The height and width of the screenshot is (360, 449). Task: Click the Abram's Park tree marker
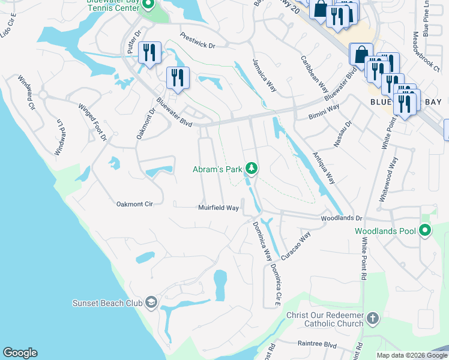[253, 169]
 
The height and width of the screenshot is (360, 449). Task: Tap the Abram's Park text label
[217, 170]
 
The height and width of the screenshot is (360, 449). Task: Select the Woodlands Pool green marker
[425, 230]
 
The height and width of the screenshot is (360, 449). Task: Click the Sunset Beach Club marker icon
[150, 302]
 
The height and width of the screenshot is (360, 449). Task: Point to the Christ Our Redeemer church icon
[372, 318]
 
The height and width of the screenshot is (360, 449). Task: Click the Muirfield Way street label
[219, 208]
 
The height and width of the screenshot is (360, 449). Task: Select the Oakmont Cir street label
[135, 204]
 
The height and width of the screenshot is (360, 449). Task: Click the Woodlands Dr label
[342, 219]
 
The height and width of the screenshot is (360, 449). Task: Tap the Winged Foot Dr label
[92, 122]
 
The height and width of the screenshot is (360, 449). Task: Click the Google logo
[20, 353]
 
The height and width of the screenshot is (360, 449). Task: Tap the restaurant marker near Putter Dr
[149, 52]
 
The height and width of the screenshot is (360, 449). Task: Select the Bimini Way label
[324, 111]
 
